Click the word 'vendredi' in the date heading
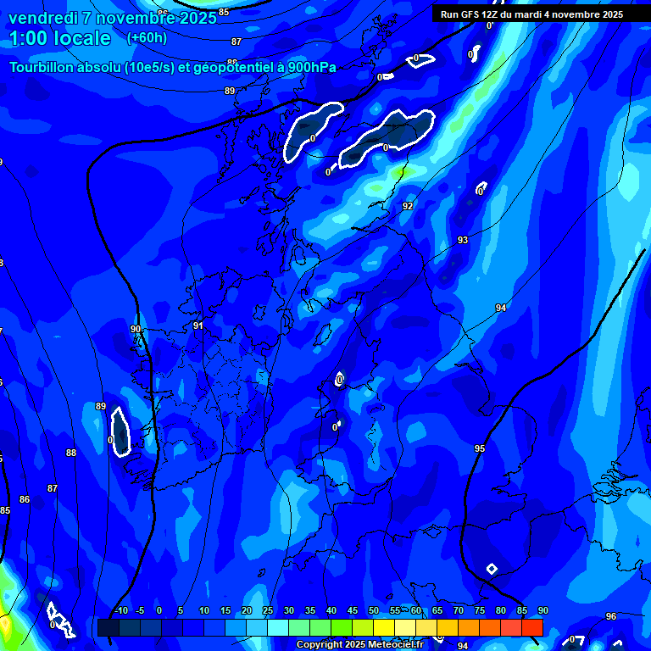[42, 17]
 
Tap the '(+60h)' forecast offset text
[147, 37]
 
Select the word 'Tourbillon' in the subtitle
[42, 68]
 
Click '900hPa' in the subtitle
[311, 68]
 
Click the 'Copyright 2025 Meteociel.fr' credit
[360, 645]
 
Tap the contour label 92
[408, 206]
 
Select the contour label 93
[463, 240]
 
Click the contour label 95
[480, 448]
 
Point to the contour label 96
[611, 616]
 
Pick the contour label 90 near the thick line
[136, 329]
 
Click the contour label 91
[198, 325]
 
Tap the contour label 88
[71, 453]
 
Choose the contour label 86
[25, 499]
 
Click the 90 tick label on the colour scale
[543, 610]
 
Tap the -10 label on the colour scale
[120, 610]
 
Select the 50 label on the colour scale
[374, 610]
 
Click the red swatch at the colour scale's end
[531, 627]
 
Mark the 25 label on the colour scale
[268, 610]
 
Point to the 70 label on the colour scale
[459, 610]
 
